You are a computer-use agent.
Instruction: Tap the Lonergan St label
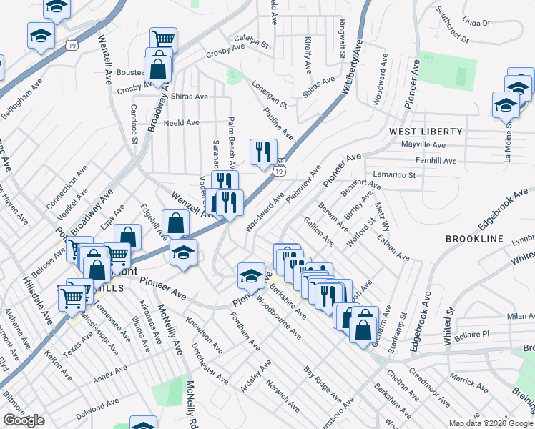269,94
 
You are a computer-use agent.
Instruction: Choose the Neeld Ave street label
182,122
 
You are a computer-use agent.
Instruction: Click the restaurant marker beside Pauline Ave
262,152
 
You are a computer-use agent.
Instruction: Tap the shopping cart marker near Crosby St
163,39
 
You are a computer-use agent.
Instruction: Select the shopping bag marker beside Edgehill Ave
175,222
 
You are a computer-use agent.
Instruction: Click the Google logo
24,420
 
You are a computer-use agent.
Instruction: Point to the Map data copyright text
491,423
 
